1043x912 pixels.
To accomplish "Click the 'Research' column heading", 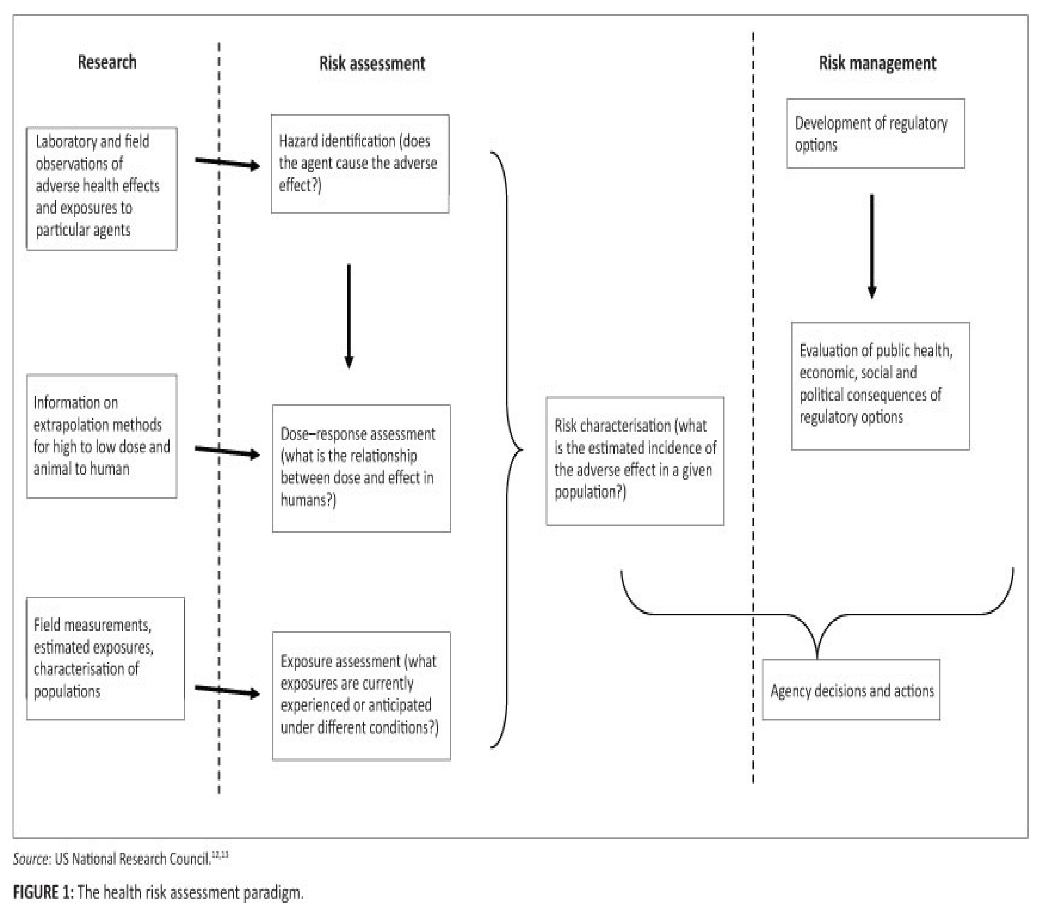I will point(107,62).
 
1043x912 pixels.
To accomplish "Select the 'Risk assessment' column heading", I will point(372,63).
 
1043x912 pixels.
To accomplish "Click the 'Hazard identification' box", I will point(360,163).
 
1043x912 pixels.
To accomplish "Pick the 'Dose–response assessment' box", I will point(361,468).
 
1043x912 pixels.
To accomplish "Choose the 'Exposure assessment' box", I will point(361,695).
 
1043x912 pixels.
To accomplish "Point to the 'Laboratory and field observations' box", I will point(102,188).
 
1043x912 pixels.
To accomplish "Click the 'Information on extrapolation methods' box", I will point(102,436).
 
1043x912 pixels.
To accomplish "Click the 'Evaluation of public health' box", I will point(880,386).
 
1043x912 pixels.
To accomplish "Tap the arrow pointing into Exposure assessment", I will point(227,691).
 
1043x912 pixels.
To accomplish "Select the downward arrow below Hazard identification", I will point(349,315).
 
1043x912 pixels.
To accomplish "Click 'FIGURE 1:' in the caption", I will point(43,893).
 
